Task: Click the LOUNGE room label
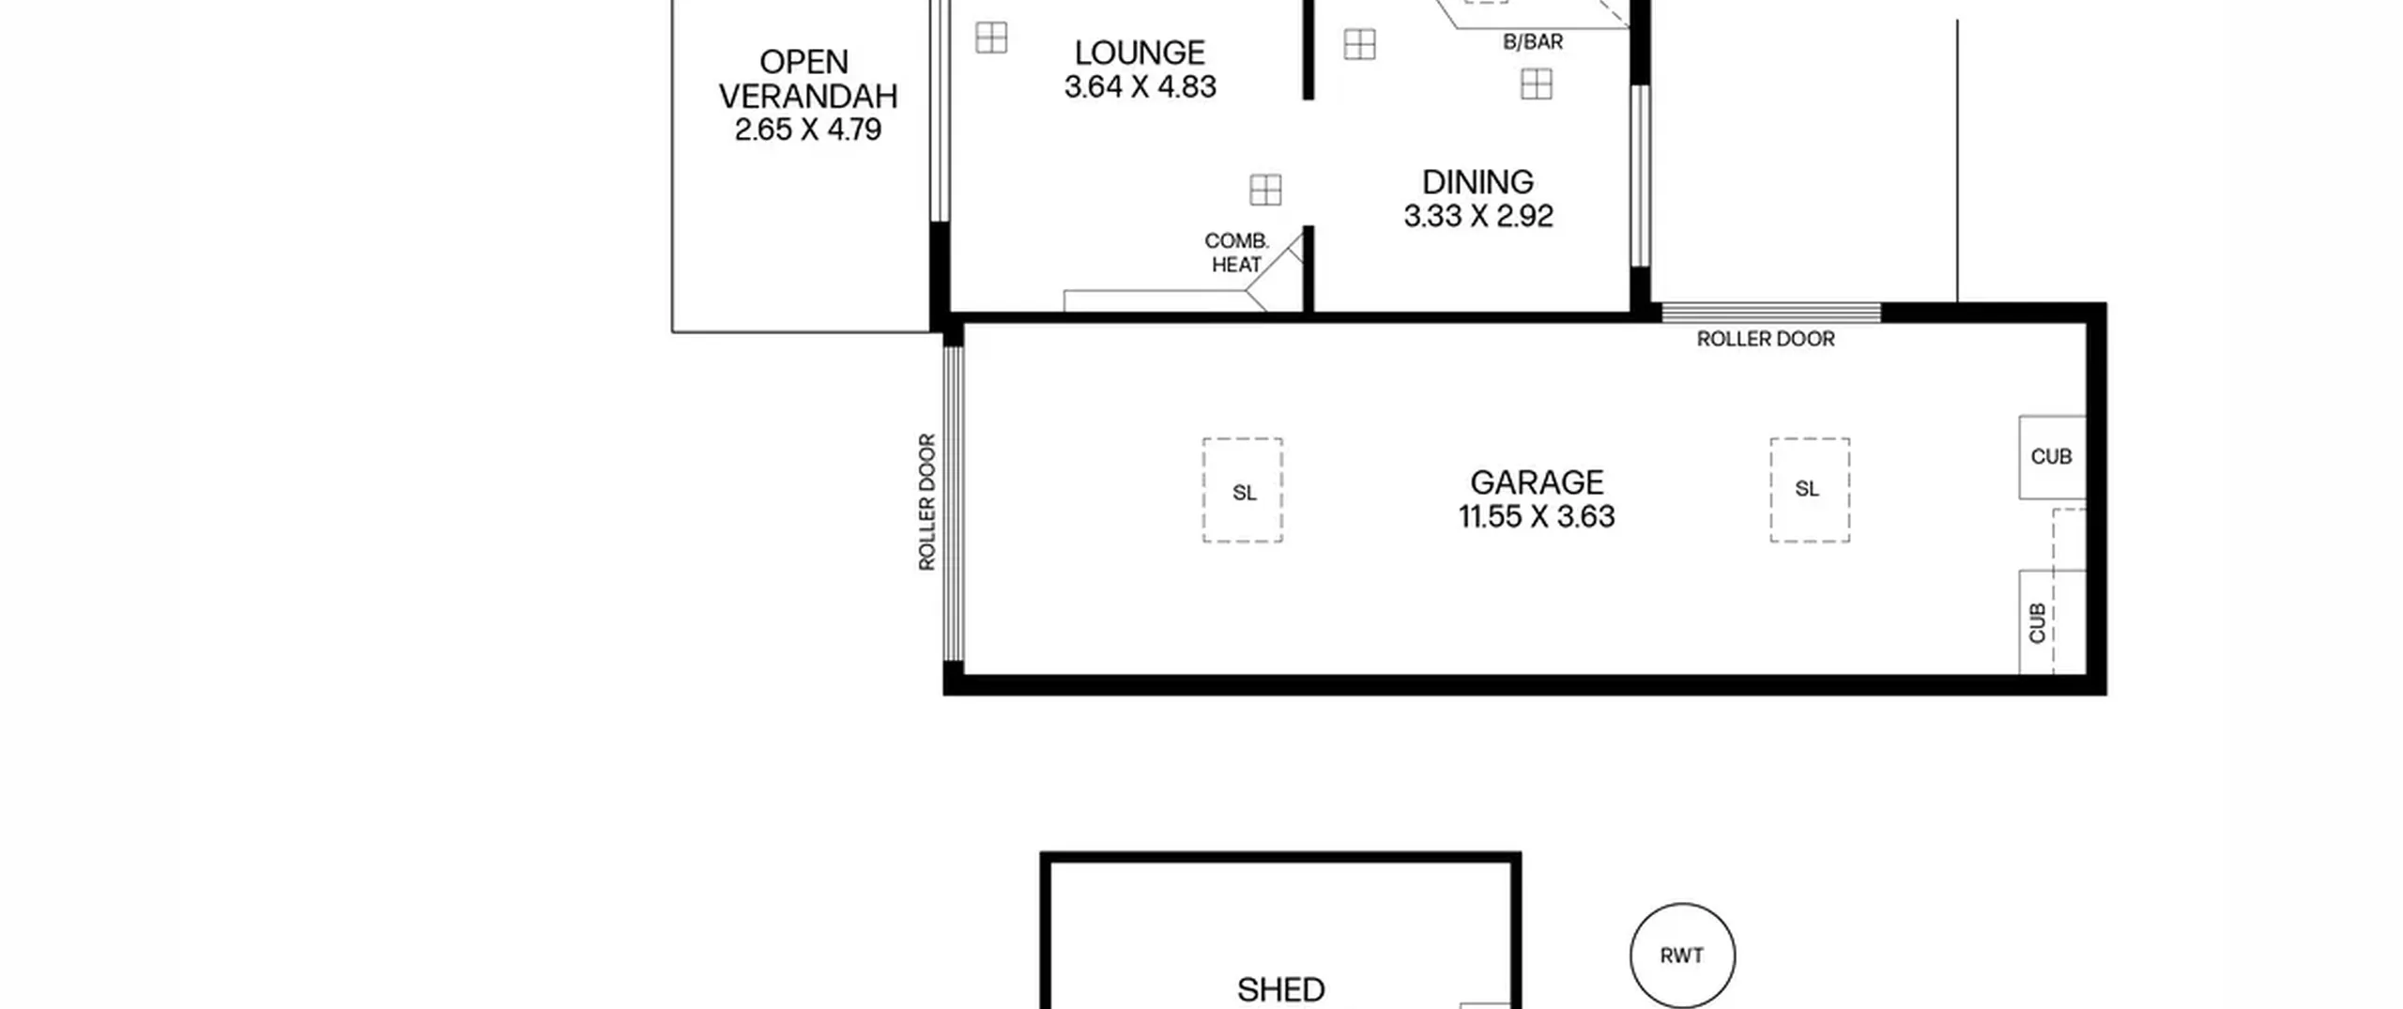tap(1140, 53)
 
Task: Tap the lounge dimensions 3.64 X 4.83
tap(1140, 86)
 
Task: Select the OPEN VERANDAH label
tap(807, 79)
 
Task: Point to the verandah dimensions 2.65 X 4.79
tap(807, 130)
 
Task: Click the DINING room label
tap(1477, 181)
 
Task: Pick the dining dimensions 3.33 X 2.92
tap(1477, 216)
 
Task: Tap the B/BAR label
tap(1533, 42)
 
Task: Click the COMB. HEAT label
tap(1236, 253)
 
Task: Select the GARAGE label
tap(1537, 482)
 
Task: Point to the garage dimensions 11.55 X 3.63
tap(1537, 516)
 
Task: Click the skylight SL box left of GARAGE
tap(1243, 490)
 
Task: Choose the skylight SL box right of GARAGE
tap(1810, 490)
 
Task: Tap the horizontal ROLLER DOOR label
tap(1766, 339)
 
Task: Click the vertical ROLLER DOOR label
tap(927, 502)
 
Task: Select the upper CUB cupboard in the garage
tap(2052, 457)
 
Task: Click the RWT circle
tap(1682, 955)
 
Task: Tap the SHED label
tap(1280, 989)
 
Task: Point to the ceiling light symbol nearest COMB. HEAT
tap(1265, 190)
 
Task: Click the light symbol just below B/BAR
tap(1537, 84)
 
